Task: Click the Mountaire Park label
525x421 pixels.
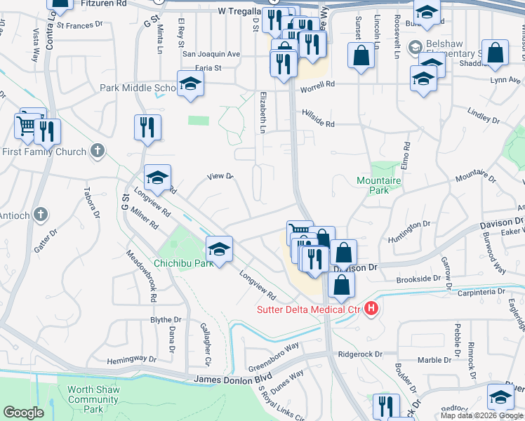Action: tap(383, 185)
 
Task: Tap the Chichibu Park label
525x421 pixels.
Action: tap(183, 263)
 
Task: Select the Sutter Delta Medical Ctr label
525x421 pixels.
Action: tap(308, 309)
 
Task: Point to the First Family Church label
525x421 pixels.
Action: tap(44, 152)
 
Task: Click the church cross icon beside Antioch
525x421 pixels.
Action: tap(41, 214)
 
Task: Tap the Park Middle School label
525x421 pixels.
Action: tap(138, 88)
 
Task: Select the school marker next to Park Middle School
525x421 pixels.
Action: tap(190, 85)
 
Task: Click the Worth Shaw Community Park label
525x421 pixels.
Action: tap(93, 399)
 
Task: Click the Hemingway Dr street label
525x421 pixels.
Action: tap(132, 359)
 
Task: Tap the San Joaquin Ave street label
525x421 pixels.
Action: tap(211, 53)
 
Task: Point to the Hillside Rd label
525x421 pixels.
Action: tap(318, 118)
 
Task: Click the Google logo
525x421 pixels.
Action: tap(23, 413)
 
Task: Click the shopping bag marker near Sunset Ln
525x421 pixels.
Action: tap(361, 57)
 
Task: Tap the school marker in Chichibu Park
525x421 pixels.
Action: tap(219, 250)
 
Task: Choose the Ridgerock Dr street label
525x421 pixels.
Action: tap(360, 354)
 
